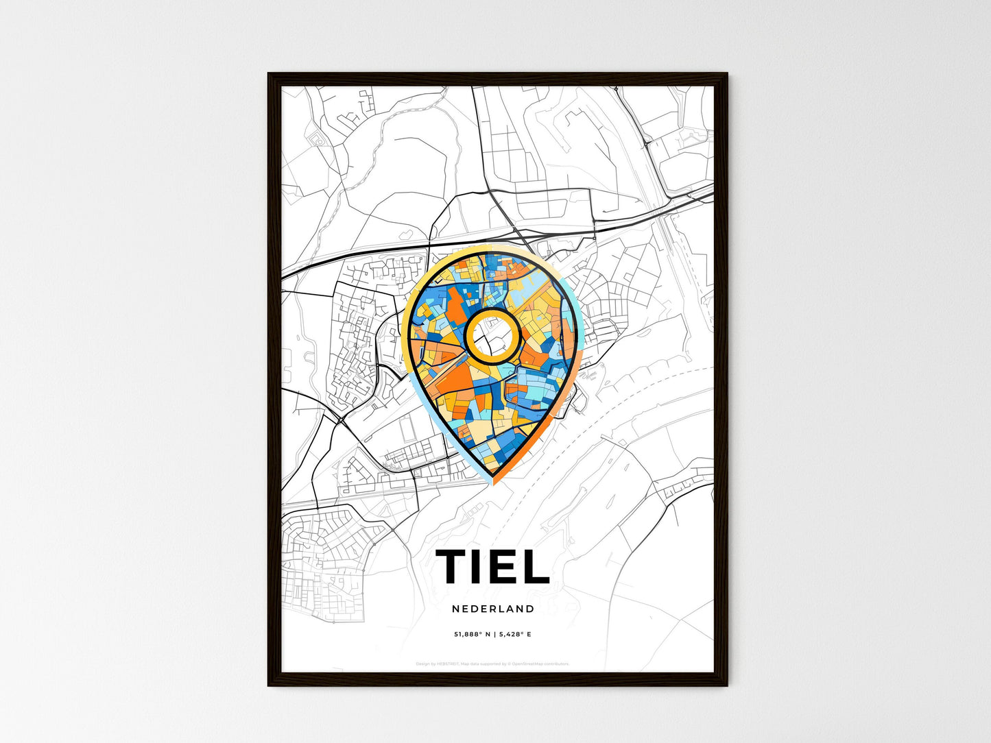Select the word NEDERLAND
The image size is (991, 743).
pos(493,609)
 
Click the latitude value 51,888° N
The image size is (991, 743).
pos(472,634)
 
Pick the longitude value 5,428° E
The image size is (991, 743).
pos(514,634)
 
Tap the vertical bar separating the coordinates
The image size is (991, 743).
pos(493,634)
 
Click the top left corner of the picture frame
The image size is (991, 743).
pos(269,74)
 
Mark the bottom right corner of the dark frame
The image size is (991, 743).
pos(726,685)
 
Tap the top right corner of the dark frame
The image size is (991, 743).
pos(726,74)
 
